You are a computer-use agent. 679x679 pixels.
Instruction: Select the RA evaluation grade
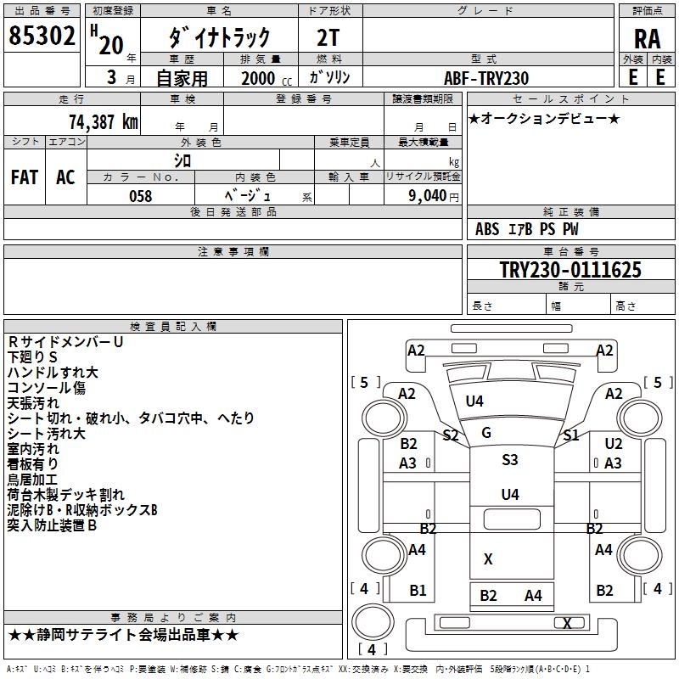tap(647, 38)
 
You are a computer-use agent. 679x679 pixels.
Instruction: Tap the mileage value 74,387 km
tap(103, 121)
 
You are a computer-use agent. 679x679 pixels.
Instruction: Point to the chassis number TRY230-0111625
tap(570, 270)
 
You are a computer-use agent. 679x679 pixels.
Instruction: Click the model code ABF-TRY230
tap(486, 77)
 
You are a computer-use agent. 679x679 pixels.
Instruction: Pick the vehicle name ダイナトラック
tap(219, 36)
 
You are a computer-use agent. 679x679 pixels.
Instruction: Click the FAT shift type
tap(24, 177)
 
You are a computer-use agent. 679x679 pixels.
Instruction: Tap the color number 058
tap(140, 196)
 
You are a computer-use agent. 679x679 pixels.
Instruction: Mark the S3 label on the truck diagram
tap(509, 460)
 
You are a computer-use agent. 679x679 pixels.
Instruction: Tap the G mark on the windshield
tap(486, 433)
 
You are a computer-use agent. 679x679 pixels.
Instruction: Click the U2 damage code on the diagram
tap(614, 443)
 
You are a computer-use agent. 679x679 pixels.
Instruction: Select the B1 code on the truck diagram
tap(418, 591)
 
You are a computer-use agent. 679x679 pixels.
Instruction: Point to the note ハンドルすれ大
tap(53, 373)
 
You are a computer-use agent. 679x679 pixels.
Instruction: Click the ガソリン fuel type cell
tap(330, 77)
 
